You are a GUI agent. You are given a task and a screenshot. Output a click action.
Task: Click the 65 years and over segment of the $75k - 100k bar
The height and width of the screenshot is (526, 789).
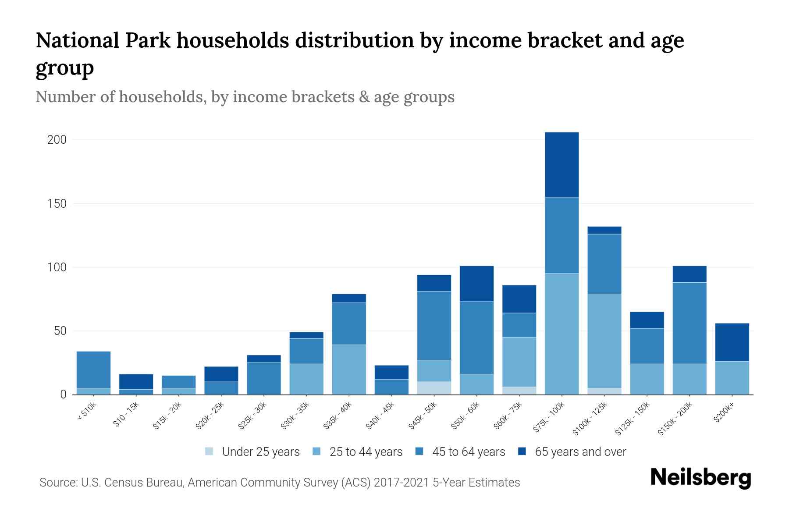coord(562,164)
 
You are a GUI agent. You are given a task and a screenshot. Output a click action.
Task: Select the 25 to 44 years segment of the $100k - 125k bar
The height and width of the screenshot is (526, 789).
coord(604,341)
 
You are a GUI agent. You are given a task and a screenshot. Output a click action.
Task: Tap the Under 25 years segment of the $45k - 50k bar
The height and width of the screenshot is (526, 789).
coord(434,388)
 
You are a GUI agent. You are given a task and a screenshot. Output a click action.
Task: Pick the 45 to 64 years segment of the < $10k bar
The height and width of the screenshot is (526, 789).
coord(93,370)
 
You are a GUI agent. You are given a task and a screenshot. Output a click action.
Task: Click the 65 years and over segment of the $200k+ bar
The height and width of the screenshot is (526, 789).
coord(732,342)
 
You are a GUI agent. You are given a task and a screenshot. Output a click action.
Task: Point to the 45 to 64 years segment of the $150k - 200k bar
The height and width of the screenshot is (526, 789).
coord(689,323)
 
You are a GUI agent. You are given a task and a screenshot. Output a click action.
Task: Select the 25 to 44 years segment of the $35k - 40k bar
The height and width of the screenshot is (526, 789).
coord(349,370)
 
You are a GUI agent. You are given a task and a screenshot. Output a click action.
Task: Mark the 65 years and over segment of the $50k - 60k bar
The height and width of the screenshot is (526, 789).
coord(476,284)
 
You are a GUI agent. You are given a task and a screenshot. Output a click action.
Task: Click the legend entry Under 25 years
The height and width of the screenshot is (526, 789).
coord(252,452)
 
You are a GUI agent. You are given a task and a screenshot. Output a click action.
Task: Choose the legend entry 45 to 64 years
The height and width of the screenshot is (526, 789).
coord(460,452)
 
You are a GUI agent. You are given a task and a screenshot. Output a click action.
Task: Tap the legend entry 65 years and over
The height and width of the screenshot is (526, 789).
coord(572,452)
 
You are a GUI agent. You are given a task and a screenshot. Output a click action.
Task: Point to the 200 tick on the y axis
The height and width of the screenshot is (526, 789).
coord(57,140)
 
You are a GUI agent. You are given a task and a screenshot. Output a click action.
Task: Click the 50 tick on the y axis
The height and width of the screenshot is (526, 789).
coord(60,331)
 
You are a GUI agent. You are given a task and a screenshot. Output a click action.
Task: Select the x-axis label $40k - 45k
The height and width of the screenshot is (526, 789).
coord(381,416)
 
